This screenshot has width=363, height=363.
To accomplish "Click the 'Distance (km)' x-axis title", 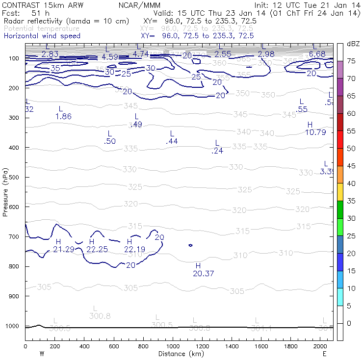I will tap(180, 354).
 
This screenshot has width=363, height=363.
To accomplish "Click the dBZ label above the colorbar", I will tap(353, 44).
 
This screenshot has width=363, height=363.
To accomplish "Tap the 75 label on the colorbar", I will tap(351, 61).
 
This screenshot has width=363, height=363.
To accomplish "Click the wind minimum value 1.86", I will tap(63, 116).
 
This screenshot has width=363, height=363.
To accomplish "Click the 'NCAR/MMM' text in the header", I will tap(139, 5).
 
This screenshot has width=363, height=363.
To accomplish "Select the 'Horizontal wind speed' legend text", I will tap(42, 36).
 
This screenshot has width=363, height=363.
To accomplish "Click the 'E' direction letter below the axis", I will tap(324, 354).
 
